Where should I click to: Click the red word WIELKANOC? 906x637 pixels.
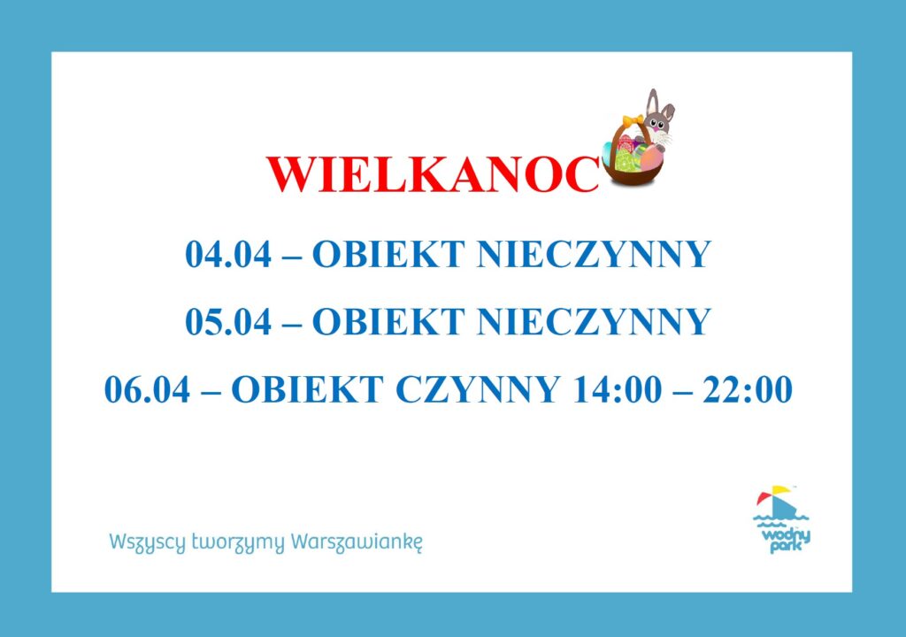pos(433,174)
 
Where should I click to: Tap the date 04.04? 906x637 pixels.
pos(228,254)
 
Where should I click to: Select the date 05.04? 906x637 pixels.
pos(228,321)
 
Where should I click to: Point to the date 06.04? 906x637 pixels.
pos(148,389)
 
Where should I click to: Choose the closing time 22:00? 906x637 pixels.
pos(748,389)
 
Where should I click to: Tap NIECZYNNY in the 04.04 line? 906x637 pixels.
pos(594,254)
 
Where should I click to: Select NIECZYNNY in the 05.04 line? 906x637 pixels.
pos(594,321)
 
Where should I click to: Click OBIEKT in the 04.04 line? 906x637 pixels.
pos(388,254)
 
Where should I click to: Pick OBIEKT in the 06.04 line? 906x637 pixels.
pos(307,389)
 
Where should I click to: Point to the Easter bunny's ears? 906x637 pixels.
pos(659,104)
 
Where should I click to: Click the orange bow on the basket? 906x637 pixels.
pos(633,120)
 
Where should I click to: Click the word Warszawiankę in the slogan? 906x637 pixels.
pos(357,542)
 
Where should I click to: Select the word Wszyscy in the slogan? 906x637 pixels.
pos(148,543)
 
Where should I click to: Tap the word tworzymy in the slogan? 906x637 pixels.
pos(238,543)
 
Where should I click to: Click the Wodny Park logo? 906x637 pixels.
pos(783,519)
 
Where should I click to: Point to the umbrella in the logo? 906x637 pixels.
pos(773,495)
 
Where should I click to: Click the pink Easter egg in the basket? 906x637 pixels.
pos(652,156)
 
